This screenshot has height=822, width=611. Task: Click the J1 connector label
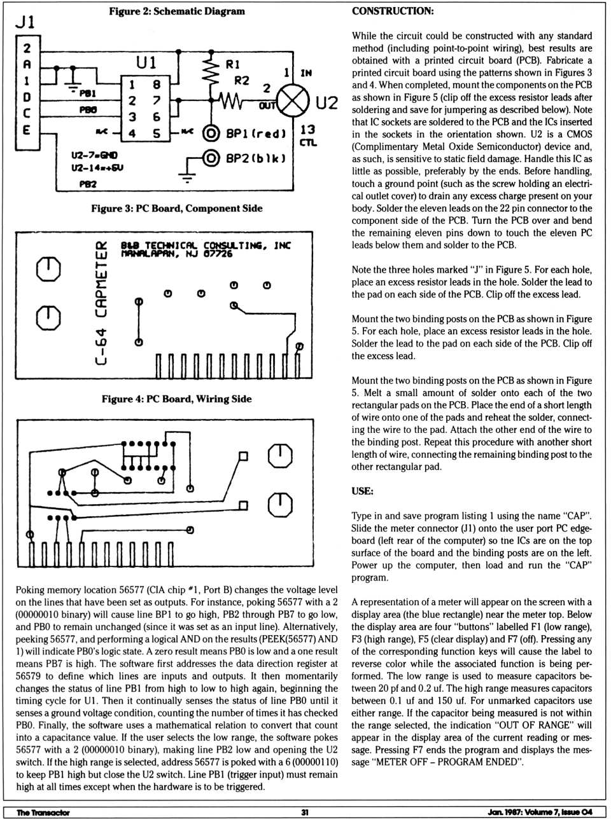(x=25, y=22)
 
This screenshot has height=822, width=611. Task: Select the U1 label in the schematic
(x=146, y=62)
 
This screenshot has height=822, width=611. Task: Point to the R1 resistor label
(x=233, y=64)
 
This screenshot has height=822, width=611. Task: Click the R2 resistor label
(x=241, y=80)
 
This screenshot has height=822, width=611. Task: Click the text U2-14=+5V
(x=97, y=168)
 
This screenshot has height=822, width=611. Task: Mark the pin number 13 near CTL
(x=307, y=129)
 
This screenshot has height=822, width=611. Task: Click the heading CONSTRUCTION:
(x=393, y=11)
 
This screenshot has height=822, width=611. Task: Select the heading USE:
(x=362, y=491)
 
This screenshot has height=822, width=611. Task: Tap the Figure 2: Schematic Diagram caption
(x=176, y=11)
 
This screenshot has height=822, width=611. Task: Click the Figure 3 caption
(x=176, y=209)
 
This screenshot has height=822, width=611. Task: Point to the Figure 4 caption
(x=176, y=399)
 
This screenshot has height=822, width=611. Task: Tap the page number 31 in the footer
(x=305, y=812)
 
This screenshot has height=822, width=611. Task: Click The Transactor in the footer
(x=43, y=812)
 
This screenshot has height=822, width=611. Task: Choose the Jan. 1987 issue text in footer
(x=540, y=812)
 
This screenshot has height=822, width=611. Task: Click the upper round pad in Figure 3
(x=49, y=269)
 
